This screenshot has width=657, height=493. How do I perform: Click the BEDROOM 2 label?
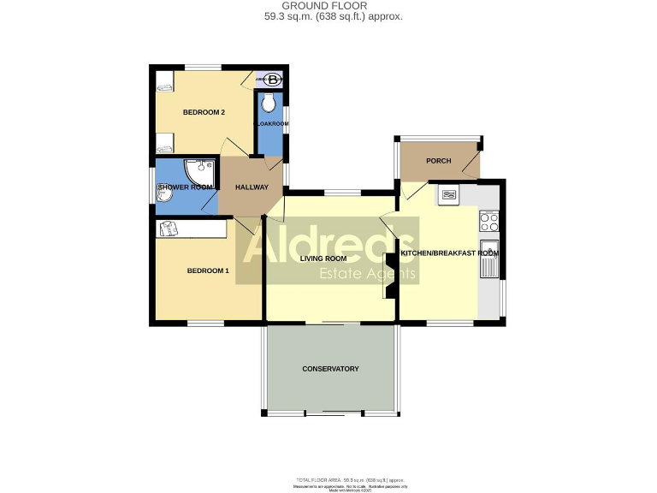(204, 113)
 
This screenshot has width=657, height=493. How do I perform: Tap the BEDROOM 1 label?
(208, 271)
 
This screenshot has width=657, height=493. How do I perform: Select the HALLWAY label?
(252, 188)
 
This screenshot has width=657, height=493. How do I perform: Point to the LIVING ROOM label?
(323, 258)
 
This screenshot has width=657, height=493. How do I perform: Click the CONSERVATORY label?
(330, 369)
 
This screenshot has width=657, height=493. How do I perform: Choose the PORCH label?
(438, 161)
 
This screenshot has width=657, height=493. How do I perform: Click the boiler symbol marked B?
(272, 80)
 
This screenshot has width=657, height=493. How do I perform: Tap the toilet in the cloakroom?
(269, 104)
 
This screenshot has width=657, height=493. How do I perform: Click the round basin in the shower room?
(165, 195)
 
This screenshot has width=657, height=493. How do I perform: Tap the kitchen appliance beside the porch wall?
(448, 195)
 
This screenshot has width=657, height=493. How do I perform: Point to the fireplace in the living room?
(388, 275)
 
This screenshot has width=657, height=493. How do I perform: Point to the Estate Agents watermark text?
(367, 274)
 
